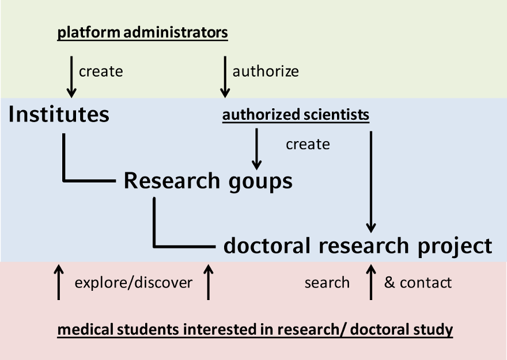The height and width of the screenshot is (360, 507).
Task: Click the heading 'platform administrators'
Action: tap(142, 33)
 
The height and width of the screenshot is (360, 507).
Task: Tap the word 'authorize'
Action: tap(266, 71)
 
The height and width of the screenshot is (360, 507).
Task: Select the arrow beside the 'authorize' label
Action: tap(225, 76)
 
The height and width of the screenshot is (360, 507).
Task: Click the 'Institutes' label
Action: tap(59, 115)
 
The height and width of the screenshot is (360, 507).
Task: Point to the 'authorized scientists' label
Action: tap(296, 115)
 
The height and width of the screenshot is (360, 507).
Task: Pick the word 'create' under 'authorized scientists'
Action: tap(308, 144)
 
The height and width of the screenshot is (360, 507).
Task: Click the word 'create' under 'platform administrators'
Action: tap(101, 71)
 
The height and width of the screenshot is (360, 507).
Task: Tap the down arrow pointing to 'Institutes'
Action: tap(71, 76)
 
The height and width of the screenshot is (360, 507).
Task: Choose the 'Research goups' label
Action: tap(208, 181)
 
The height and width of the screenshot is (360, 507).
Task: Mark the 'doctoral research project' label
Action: tap(358, 246)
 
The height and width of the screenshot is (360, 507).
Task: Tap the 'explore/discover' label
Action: tap(134, 283)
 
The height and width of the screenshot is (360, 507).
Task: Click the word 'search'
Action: tap(327, 283)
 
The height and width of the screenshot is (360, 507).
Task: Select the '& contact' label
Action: tap(418, 283)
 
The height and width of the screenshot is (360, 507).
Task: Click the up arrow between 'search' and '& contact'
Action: tap(371, 282)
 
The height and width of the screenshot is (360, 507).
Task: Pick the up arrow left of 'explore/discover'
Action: tap(58, 282)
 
